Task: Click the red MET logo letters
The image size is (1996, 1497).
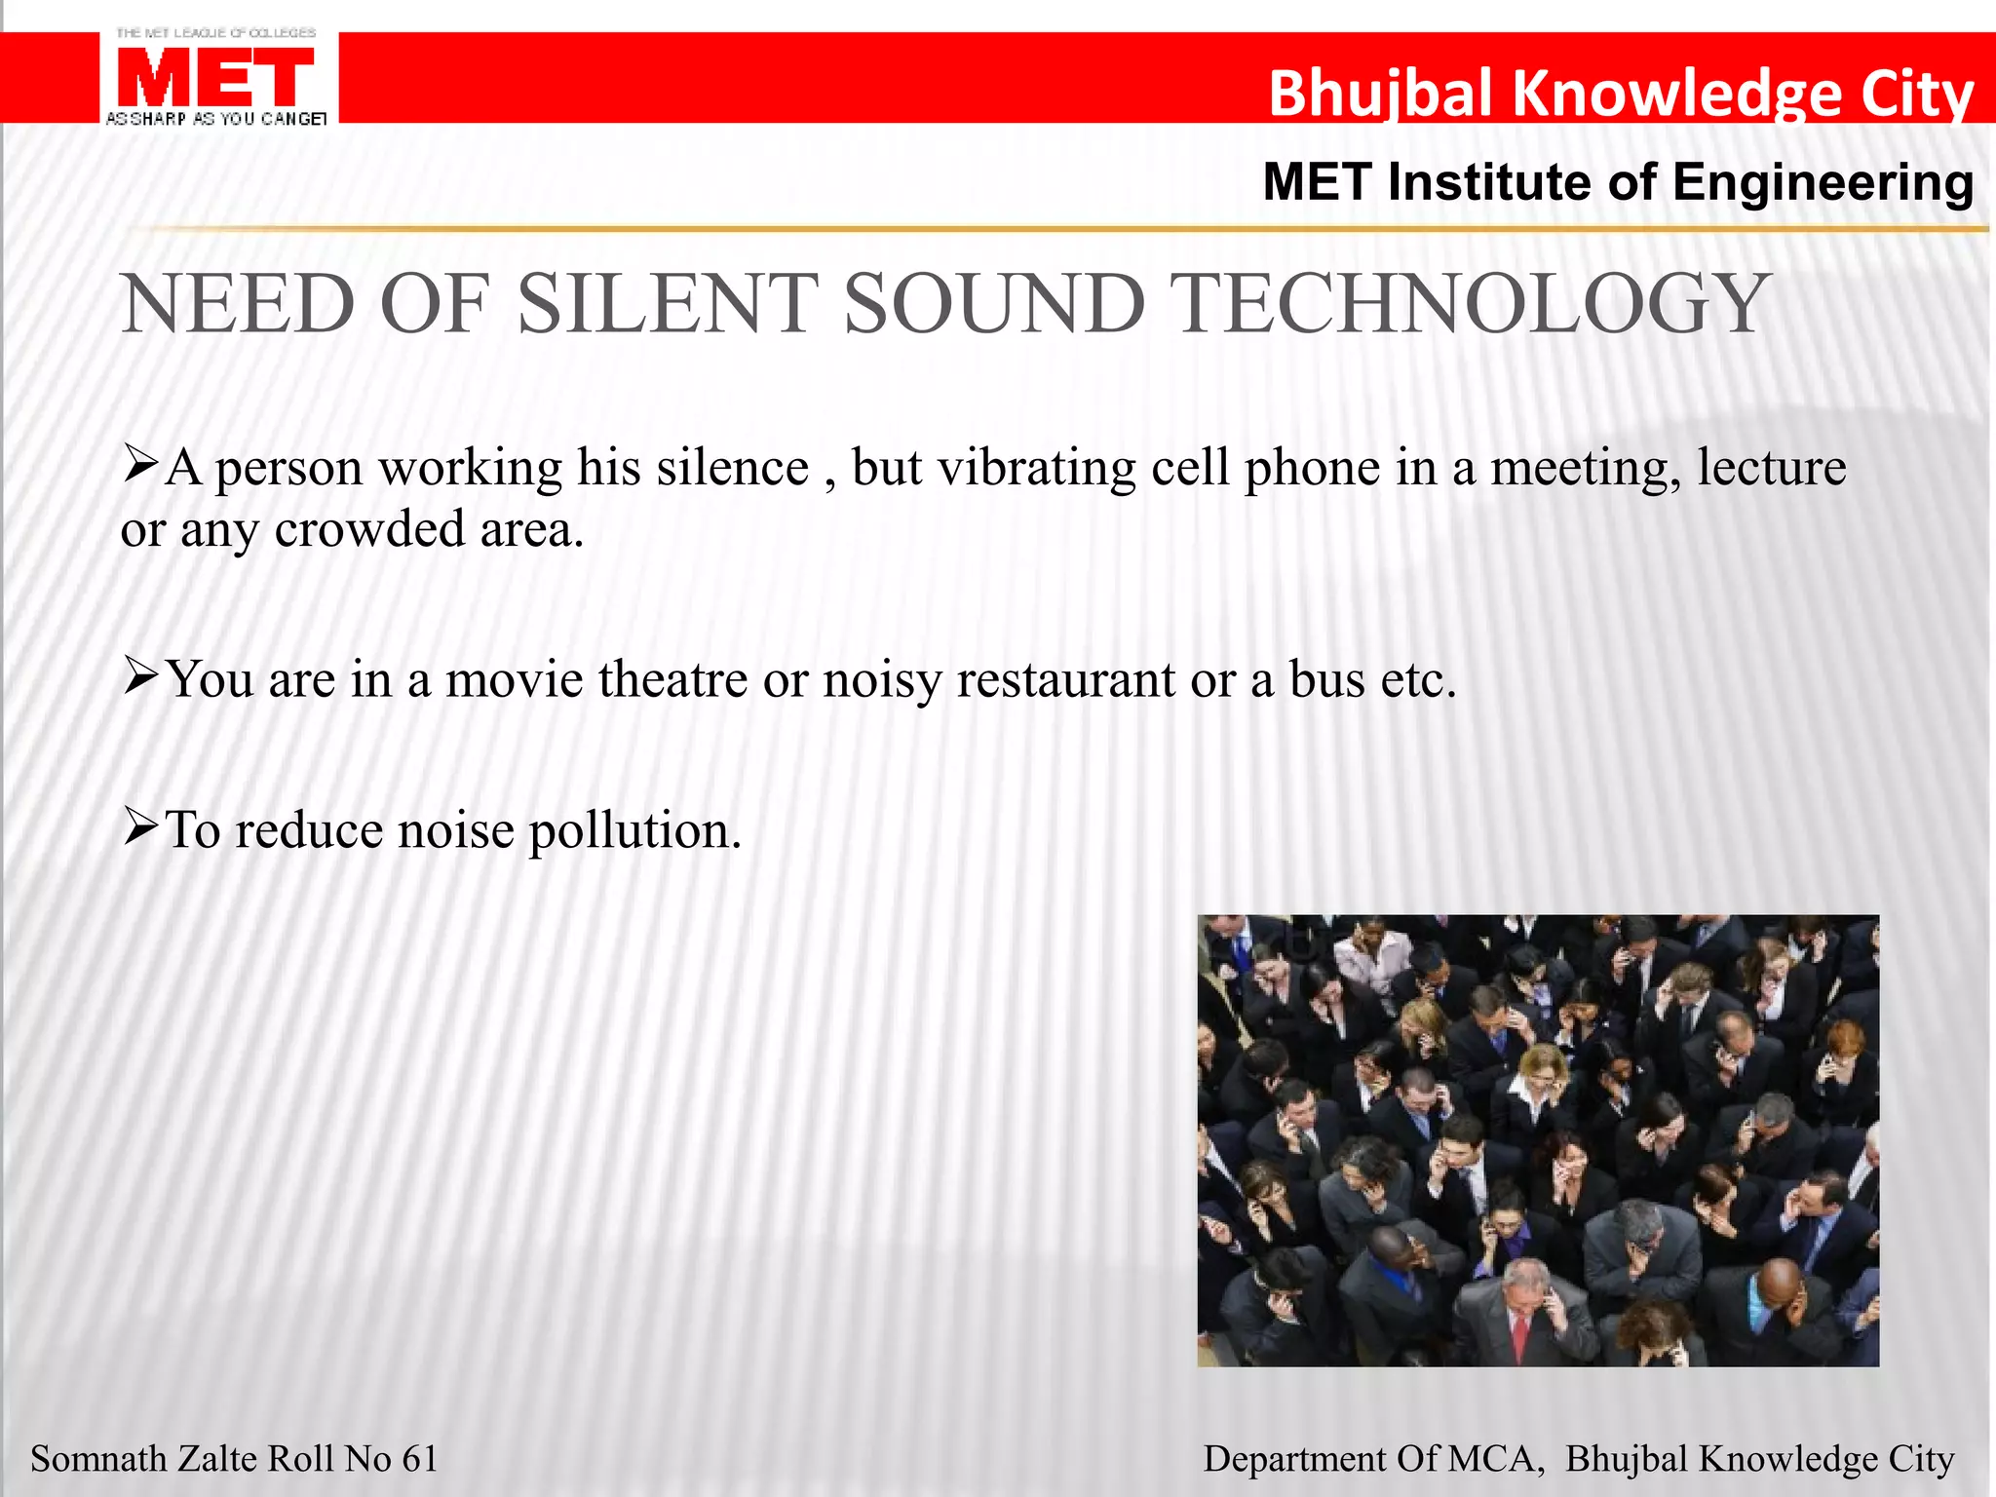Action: click(x=215, y=77)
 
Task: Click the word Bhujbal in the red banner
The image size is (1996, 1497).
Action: click(x=1378, y=94)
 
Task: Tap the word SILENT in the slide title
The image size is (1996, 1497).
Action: click(x=662, y=303)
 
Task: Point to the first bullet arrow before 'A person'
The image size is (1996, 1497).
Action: click(x=140, y=464)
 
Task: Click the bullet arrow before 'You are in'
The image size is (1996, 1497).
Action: click(x=140, y=674)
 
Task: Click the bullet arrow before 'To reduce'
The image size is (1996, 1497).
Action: click(x=140, y=826)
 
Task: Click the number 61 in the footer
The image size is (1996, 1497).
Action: click(x=419, y=1459)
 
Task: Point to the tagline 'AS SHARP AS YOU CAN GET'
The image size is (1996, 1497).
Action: click(x=215, y=119)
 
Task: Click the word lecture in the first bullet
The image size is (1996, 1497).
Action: click(x=1771, y=468)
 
